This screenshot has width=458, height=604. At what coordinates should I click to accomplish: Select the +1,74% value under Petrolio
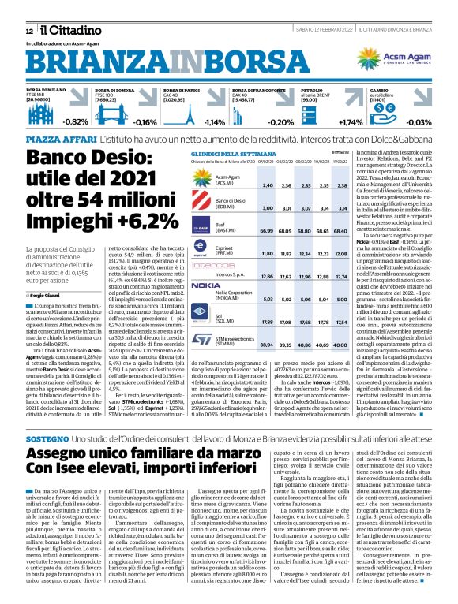(x=328, y=122)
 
